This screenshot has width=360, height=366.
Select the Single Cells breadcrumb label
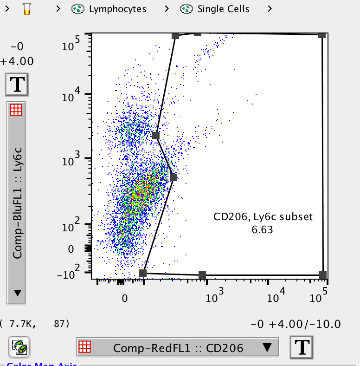point(223,9)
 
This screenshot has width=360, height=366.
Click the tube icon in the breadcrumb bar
point(27,9)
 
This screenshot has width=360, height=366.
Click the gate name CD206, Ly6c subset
point(263,216)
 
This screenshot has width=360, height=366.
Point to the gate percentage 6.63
point(263,229)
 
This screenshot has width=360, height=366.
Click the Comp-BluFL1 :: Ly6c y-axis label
point(17,209)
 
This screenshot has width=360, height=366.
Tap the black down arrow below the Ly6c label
point(17,293)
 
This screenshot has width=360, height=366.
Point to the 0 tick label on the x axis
point(124,298)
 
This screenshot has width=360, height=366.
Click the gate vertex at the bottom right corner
point(323,275)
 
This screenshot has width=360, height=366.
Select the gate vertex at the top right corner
point(322,35)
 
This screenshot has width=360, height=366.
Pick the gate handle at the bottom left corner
point(143,273)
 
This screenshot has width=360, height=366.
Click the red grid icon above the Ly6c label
point(16,110)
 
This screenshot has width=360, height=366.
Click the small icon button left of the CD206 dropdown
point(19,346)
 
